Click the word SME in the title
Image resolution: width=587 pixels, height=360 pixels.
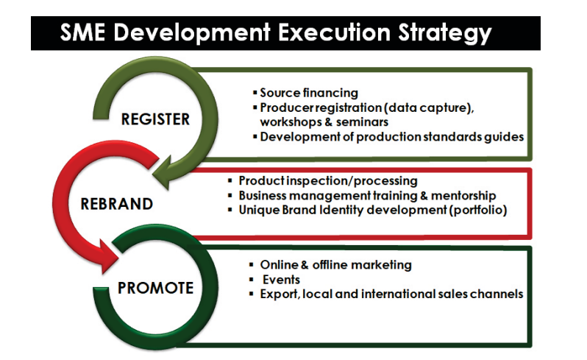click(x=82, y=32)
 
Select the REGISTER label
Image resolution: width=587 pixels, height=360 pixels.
click(x=155, y=119)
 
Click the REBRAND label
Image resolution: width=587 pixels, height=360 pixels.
click(x=117, y=204)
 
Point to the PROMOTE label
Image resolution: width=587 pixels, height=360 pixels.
click(x=156, y=288)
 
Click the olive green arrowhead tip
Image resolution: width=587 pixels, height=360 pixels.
click(x=167, y=188)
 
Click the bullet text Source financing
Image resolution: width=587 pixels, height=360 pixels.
click(x=309, y=93)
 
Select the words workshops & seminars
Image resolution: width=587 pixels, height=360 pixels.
click(x=324, y=122)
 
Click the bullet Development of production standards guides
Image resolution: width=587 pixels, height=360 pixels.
click(x=391, y=137)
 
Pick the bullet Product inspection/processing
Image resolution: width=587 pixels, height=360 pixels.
click(x=328, y=181)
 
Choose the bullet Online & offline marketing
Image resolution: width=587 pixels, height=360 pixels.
click(x=336, y=265)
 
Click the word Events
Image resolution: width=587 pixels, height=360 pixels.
click(x=281, y=280)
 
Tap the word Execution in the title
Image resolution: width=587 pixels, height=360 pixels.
click(x=334, y=32)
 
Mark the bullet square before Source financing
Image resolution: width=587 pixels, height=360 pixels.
click(x=255, y=93)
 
